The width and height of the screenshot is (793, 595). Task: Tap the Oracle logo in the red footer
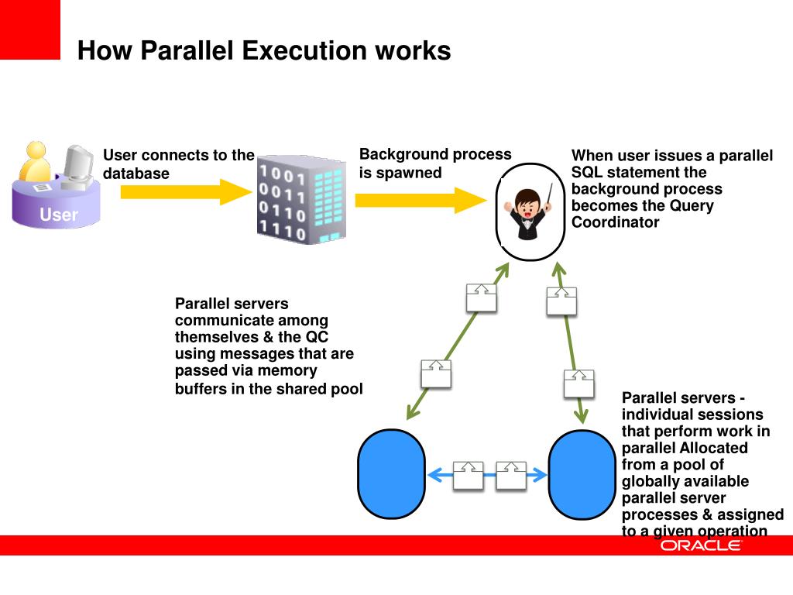tap(700, 545)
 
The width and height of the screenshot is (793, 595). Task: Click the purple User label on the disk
tap(59, 215)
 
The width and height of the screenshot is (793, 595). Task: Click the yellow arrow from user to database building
tap(183, 191)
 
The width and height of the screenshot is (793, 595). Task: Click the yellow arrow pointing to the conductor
tap(419, 200)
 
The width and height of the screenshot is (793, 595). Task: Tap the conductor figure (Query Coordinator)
tap(531, 208)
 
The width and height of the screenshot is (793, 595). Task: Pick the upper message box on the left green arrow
tap(481, 297)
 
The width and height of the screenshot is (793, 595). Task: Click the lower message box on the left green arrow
tap(436, 373)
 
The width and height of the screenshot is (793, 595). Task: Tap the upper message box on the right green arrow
tap(561, 301)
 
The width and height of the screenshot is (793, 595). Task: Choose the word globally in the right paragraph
tap(651, 482)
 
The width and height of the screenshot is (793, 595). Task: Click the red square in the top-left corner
tap(29, 29)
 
